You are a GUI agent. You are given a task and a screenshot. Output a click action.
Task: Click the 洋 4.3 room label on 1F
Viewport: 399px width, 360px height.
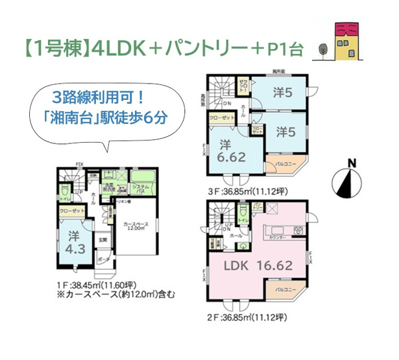point(71,241)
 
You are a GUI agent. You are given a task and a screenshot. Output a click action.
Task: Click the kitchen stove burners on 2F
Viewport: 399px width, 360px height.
point(298,230)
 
